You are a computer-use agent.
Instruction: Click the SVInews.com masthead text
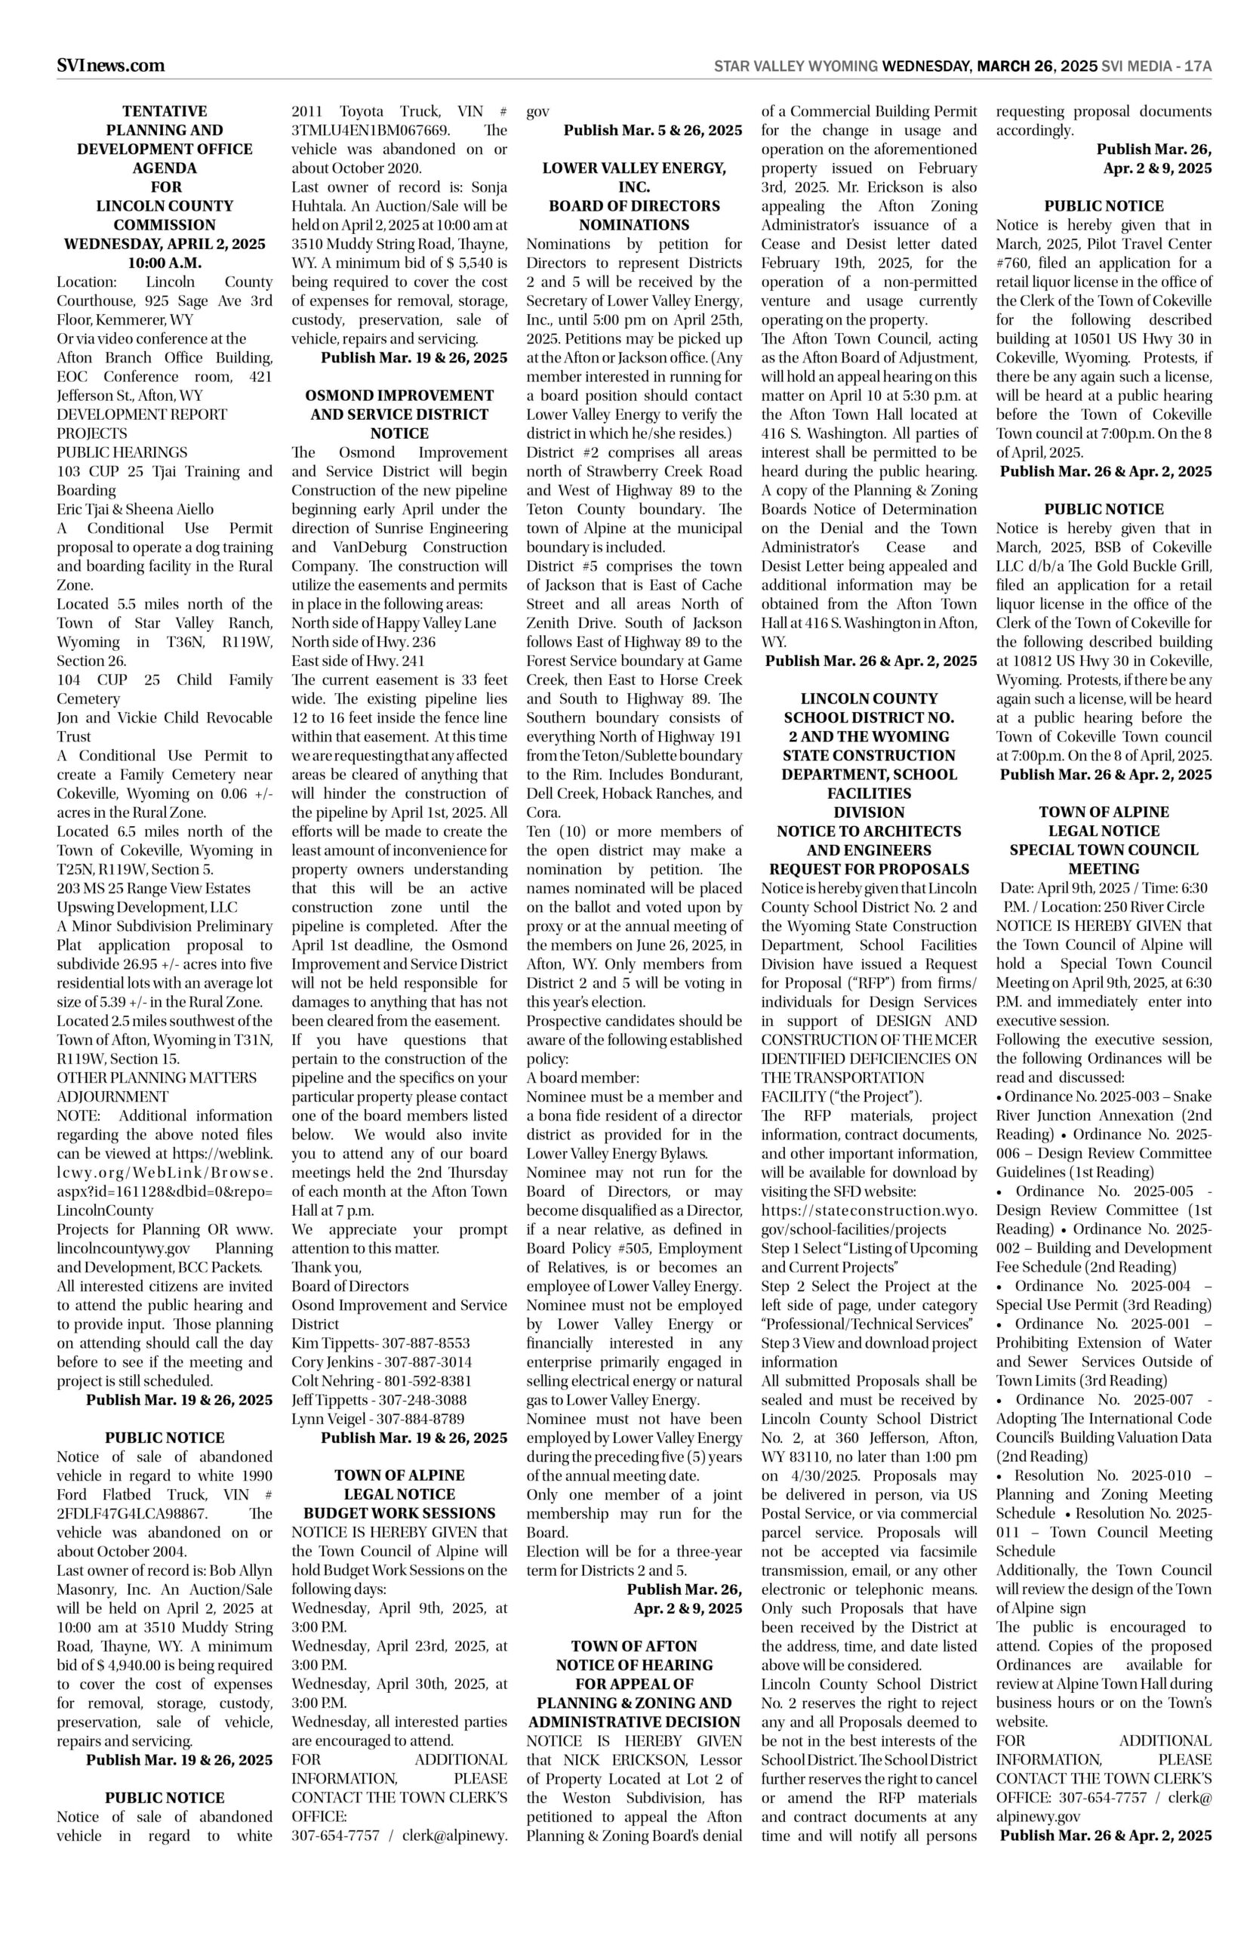tap(110, 66)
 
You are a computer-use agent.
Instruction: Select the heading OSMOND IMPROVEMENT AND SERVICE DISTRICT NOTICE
tap(399, 414)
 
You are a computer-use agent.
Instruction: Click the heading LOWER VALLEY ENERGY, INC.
tap(634, 177)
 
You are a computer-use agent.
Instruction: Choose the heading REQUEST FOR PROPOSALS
tap(869, 868)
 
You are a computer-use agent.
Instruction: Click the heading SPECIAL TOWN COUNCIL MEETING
tap(1104, 859)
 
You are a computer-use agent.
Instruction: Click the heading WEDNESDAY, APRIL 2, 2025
tap(165, 245)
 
